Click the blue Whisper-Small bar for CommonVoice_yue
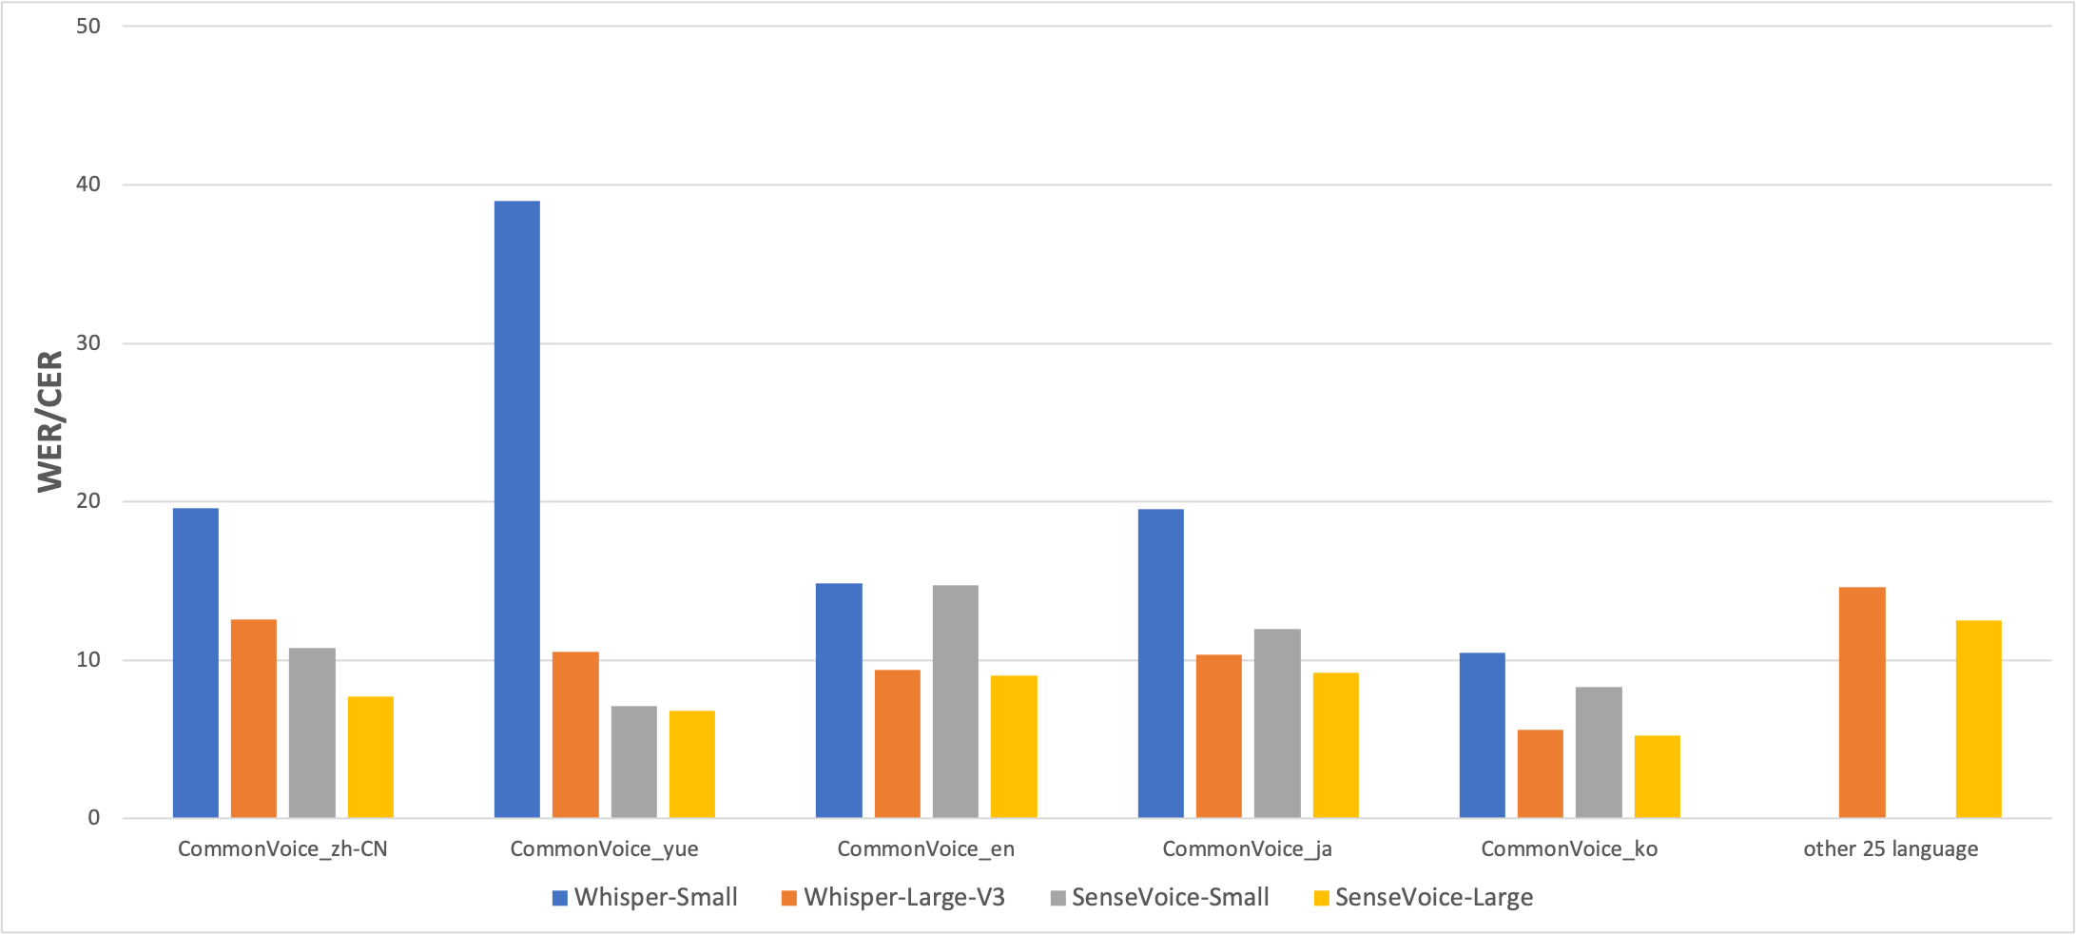516,509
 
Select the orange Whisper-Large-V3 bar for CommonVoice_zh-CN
253,718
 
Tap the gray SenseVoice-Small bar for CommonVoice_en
955,701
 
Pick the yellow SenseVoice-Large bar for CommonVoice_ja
1335,745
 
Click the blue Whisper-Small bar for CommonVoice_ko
1482,735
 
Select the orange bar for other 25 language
1861,702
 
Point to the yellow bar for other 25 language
1978,718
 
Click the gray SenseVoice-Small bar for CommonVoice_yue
633,761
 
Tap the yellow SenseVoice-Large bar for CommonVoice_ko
1657,776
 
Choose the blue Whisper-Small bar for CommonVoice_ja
1160,663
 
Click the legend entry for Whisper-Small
645,897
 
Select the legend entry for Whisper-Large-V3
893,897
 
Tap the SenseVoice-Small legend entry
1159,897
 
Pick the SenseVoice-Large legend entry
1423,897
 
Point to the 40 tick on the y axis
88,185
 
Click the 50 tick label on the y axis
88,26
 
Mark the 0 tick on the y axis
94,818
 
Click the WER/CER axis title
49,421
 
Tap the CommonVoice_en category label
925,849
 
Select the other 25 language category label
1891,849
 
